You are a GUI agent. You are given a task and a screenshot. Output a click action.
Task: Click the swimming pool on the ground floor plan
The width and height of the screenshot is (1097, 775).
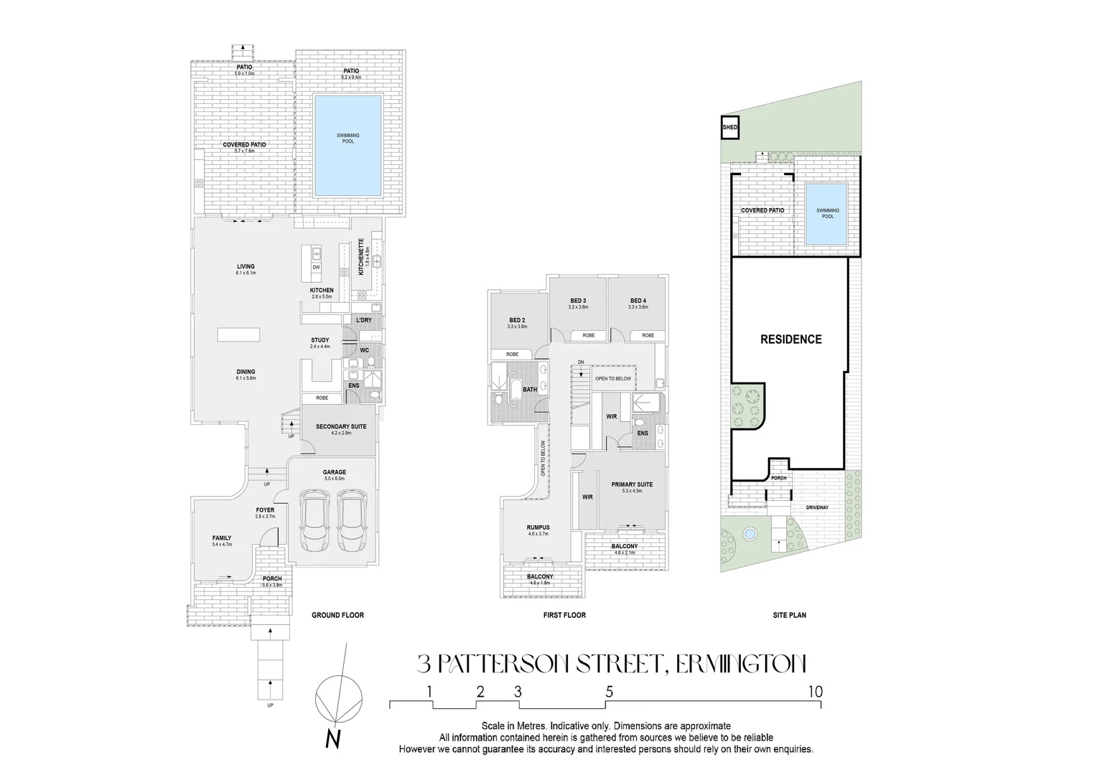click(x=347, y=146)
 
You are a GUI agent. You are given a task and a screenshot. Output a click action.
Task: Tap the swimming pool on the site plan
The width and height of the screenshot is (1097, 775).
click(x=827, y=214)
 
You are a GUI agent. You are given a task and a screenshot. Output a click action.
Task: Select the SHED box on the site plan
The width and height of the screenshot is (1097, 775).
click(x=730, y=128)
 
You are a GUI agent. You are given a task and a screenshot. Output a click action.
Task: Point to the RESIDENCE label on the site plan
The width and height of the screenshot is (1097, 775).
click(x=790, y=339)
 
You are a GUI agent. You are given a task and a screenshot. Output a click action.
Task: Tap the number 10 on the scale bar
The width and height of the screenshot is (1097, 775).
click(x=814, y=692)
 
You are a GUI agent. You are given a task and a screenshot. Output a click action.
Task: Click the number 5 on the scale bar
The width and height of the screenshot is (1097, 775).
click(x=609, y=692)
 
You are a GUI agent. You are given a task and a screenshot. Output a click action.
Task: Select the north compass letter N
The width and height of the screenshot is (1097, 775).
click(x=332, y=738)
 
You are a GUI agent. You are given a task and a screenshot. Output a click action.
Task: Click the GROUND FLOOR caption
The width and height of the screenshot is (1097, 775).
click(x=337, y=615)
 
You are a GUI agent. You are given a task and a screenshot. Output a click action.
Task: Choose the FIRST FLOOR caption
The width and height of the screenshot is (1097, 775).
click(x=564, y=615)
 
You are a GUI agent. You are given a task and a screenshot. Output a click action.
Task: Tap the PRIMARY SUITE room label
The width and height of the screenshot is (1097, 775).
click(x=632, y=485)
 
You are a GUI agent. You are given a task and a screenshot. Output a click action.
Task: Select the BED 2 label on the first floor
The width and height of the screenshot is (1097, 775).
click(x=517, y=320)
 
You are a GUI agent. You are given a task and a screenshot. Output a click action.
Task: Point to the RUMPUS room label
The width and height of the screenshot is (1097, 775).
click(x=538, y=527)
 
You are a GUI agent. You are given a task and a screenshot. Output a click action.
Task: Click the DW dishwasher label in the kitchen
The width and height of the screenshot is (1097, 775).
click(x=316, y=268)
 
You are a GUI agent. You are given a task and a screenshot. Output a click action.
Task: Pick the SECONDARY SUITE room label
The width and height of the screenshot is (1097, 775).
click(x=341, y=426)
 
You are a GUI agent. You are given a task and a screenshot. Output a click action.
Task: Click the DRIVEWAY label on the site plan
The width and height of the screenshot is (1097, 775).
click(x=817, y=507)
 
